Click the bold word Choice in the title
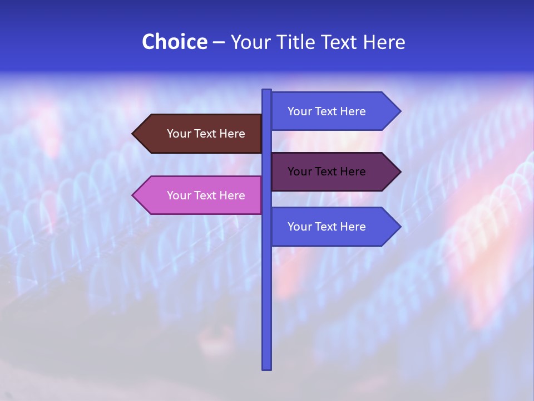pos(174,42)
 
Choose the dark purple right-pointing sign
pos(331,172)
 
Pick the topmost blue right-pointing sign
pos(331,111)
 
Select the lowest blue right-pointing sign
pos(331,227)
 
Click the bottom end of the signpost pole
pos(267,368)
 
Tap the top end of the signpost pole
pos(267,91)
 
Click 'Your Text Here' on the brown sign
pos(206,134)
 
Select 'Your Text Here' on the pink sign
pos(206,195)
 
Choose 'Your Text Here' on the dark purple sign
pos(327,172)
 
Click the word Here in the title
pos(384,42)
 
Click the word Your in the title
pos(250,42)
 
